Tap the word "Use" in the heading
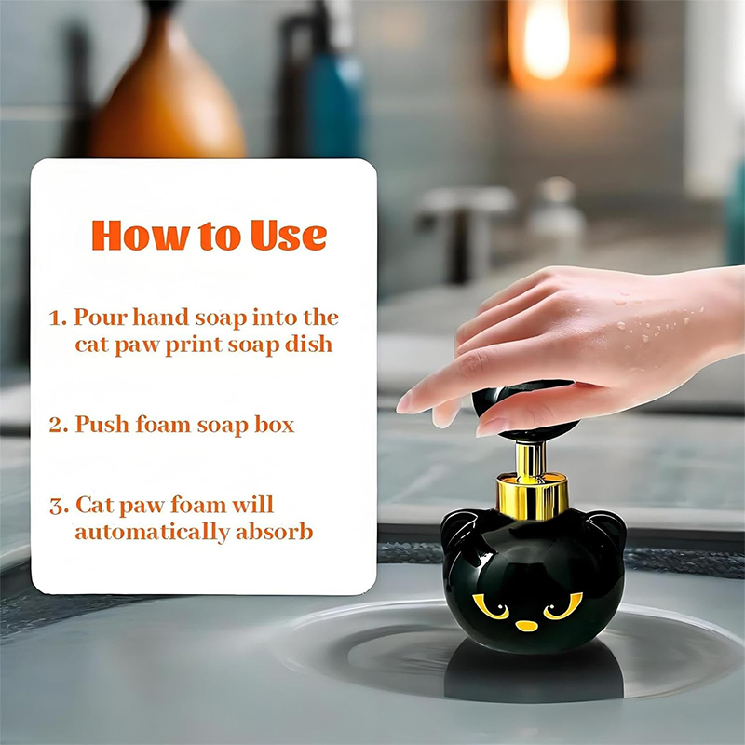(289, 236)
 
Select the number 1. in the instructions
(58, 318)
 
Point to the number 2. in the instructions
(59, 425)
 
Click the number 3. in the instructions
(59, 506)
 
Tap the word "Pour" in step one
(101, 318)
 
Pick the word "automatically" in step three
(152, 532)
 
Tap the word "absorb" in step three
(274, 531)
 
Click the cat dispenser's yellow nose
(526, 625)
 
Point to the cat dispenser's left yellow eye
(491, 607)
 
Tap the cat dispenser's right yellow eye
(563, 606)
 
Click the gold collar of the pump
(532, 496)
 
